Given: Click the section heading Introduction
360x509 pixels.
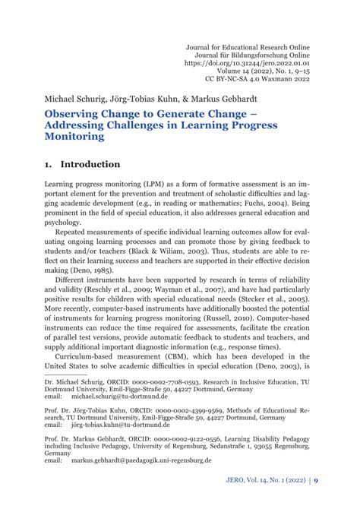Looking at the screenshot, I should pos(90,164).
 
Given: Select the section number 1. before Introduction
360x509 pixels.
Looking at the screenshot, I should pos(48,164).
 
